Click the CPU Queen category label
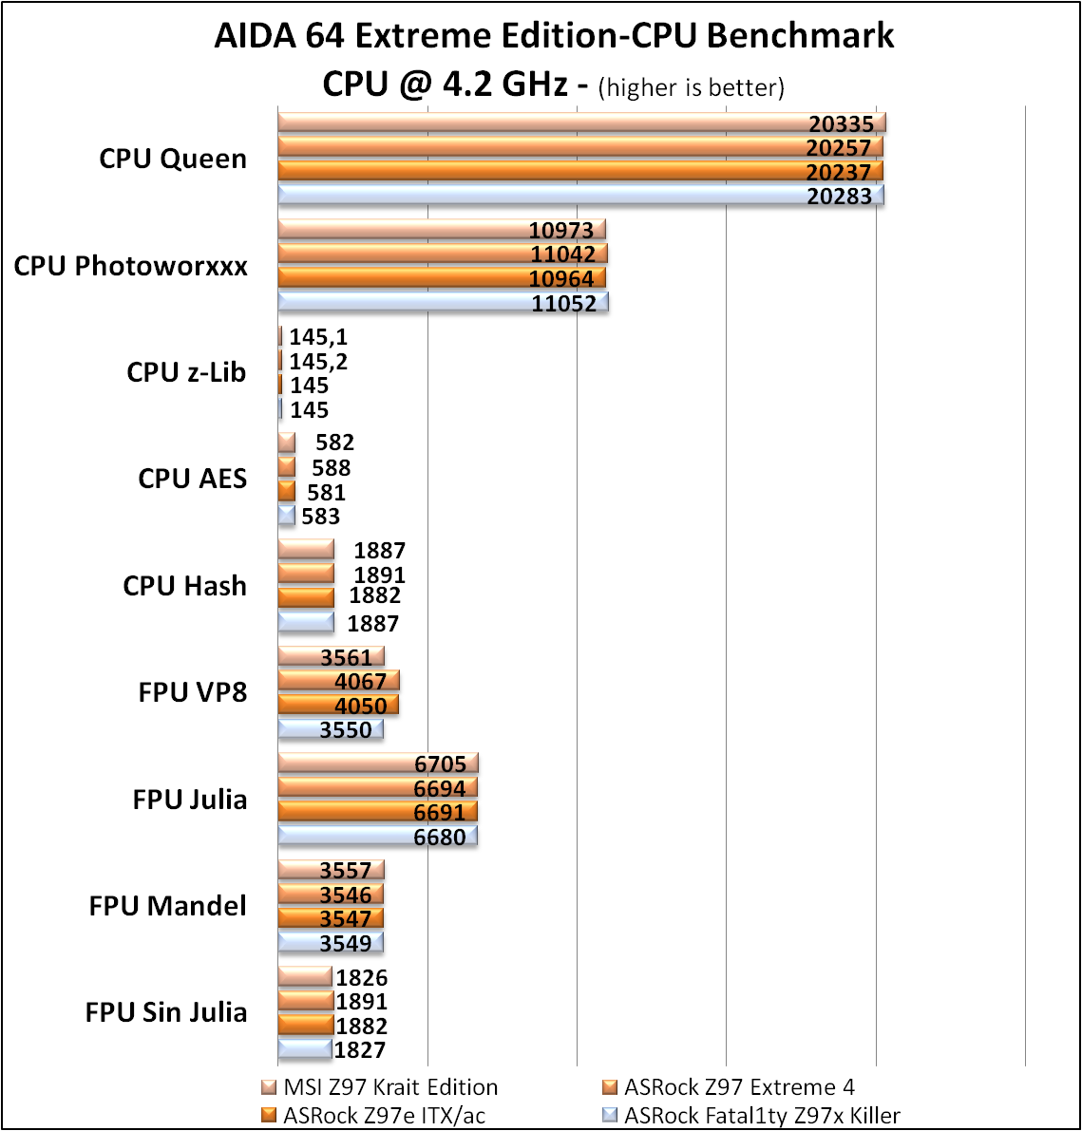172,159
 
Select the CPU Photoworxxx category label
130,266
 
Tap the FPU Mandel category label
167,905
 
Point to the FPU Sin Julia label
166,1012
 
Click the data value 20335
841,124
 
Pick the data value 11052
564,304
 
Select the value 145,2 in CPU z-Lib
318,362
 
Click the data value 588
332,468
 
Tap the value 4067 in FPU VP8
361,682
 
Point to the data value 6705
441,763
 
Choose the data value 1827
360,1050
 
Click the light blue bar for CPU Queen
580,196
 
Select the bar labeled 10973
442,230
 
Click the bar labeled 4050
338,705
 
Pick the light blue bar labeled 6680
377,836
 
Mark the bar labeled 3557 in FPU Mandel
332,870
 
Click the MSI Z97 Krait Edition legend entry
379,1087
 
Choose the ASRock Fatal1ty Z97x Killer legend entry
751,1115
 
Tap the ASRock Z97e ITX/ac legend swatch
269,1115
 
